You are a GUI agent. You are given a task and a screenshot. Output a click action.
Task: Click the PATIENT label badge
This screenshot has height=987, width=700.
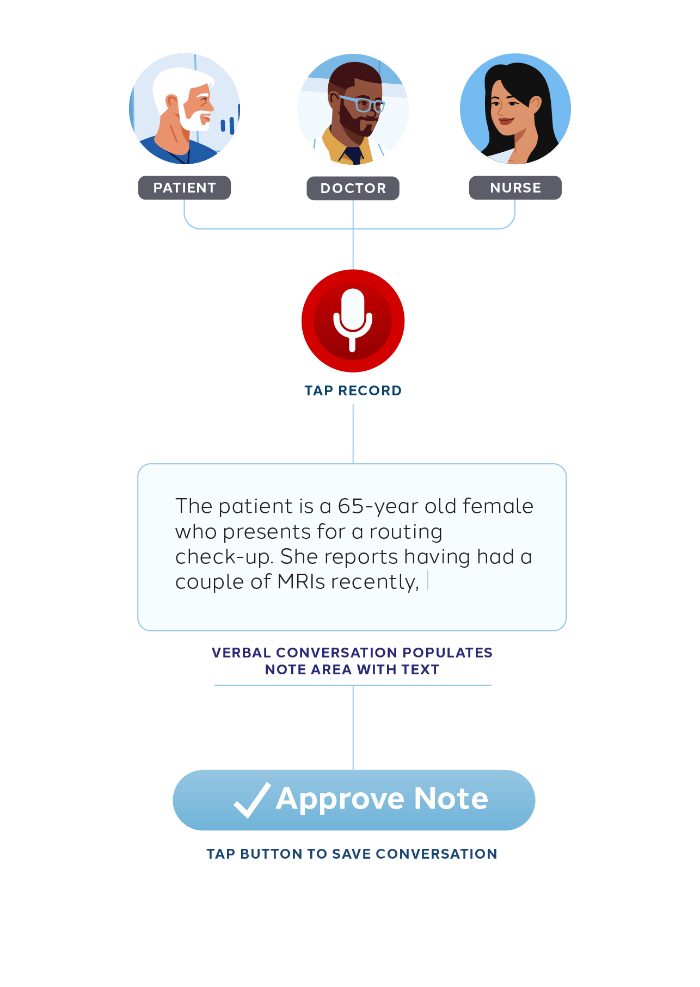pos(185,188)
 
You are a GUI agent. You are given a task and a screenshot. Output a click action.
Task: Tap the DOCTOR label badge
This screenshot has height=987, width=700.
pos(353,188)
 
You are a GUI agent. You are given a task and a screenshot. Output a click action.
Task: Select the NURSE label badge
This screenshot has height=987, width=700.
pos(515,188)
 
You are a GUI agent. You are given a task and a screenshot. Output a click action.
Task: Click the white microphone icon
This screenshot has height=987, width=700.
pos(353,318)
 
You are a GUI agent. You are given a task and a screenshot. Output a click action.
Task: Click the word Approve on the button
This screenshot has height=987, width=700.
pos(340,799)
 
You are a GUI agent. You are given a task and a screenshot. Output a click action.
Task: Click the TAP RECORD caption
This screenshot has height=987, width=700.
pos(353,390)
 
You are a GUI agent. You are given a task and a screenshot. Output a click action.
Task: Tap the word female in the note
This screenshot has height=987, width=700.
pos(498,506)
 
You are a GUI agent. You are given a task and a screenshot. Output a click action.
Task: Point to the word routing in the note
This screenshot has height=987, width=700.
pos(406,532)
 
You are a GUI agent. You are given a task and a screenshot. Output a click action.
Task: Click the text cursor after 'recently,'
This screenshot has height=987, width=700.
pos(428,581)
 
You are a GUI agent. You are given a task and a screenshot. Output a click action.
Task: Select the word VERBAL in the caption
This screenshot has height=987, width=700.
pos(241,653)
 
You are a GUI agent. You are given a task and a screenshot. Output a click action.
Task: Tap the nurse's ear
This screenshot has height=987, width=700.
pos(535,103)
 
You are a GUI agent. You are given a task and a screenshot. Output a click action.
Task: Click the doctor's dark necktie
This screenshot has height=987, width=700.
pos(353,155)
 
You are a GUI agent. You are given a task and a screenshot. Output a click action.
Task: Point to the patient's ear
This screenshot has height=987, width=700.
pos(171,102)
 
